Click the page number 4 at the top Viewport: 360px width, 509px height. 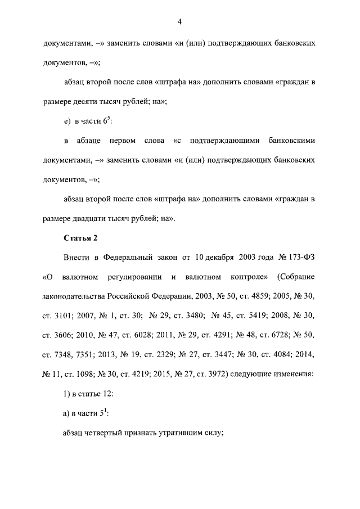179,22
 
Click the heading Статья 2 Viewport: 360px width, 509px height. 80,238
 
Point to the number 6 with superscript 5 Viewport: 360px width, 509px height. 105,121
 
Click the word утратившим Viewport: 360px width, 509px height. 175,433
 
